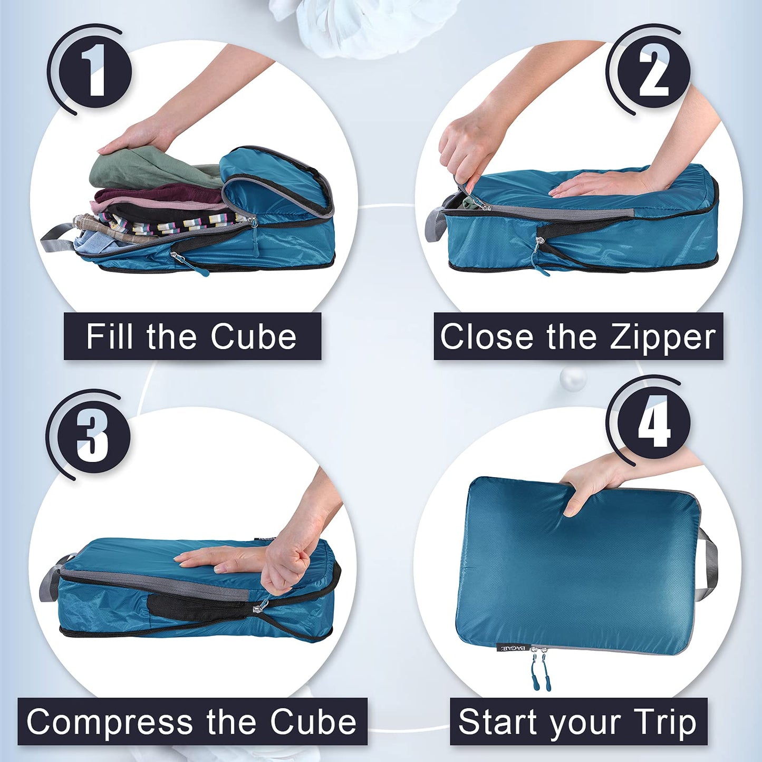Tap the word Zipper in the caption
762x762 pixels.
[x=663, y=337]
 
